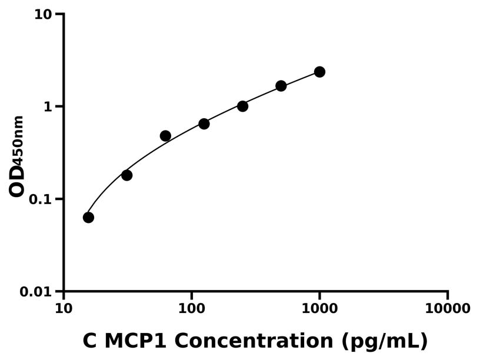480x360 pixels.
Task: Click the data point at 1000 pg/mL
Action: click(319, 72)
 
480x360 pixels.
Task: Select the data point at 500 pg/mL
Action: click(281, 86)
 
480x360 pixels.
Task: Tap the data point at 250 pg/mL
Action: click(242, 106)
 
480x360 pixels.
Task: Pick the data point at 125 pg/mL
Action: click(204, 124)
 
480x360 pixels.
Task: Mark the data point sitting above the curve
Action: click(165, 136)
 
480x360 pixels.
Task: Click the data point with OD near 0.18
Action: click(126, 175)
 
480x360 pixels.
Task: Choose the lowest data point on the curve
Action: click(88, 218)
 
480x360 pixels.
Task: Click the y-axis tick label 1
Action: click(49, 106)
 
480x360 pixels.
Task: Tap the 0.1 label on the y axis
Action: click(41, 199)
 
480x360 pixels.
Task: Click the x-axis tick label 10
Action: click(64, 309)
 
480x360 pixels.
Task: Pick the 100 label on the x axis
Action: click(191, 309)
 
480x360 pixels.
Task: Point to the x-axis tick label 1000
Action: click(319, 309)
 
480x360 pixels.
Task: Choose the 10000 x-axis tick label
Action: click(448, 309)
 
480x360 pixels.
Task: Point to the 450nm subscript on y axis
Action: click(19, 139)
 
